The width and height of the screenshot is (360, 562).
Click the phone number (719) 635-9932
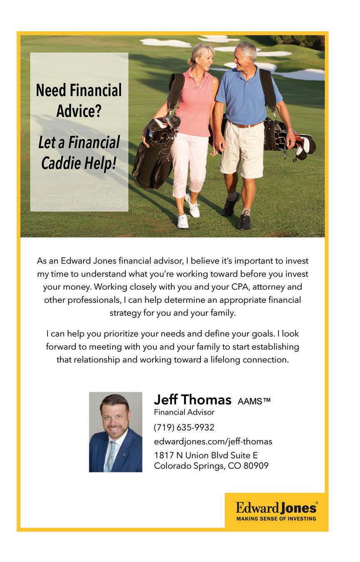tap(184, 428)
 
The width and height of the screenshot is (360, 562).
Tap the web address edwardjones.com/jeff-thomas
tap(213, 441)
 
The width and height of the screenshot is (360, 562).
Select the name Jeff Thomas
tap(192, 400)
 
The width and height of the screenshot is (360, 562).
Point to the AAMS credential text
tap(254, 401)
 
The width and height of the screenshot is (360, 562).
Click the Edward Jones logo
tap(276, 507)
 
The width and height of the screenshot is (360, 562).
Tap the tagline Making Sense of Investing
tap(276, 519)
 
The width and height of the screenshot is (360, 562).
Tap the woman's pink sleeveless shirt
tap(194, 104)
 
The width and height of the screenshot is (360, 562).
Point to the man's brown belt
tap(246, 124)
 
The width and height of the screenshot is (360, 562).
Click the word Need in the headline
tap(51, 90)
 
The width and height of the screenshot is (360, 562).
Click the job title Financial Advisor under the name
tap(184, 413)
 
